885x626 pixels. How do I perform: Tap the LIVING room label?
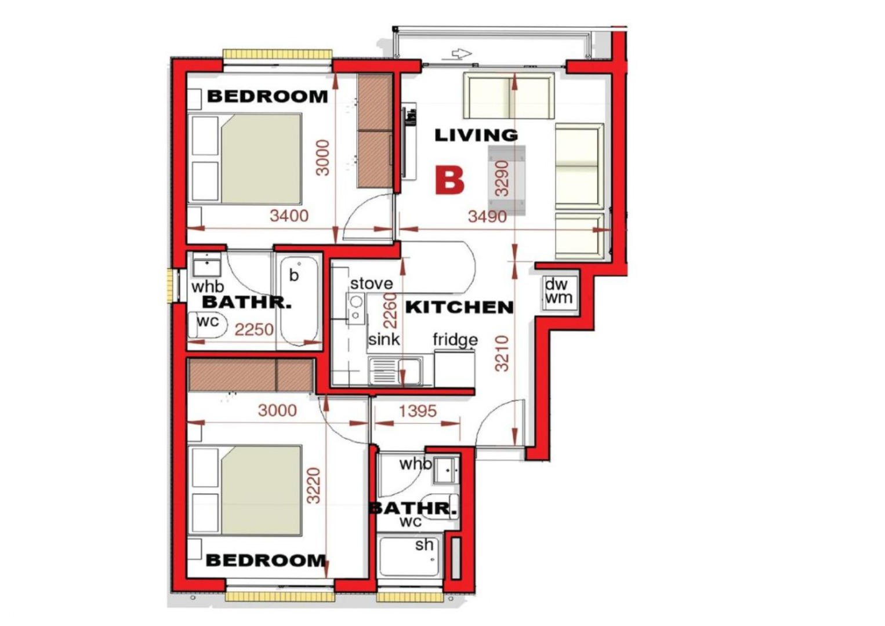(476, 136)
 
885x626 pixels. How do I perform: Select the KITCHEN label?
(459, 307)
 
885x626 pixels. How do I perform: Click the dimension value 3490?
(487, 216)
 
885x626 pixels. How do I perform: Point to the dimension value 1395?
(418, 411)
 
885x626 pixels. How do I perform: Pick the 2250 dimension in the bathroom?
(254, 329)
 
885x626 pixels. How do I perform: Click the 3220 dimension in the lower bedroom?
(314, 485)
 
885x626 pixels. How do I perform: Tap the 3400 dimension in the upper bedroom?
(289, 216)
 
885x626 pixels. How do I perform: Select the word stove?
(372, 283)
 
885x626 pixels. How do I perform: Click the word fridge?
(455, 340)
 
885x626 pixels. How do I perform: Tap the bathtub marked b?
(299, 301)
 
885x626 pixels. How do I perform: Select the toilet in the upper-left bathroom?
(208, 325)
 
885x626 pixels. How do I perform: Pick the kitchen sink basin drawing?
(395, 370)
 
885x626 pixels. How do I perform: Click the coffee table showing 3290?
(506, 180)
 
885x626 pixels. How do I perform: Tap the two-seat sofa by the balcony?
(509, 96)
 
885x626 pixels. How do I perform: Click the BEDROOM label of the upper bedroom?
(267, 96)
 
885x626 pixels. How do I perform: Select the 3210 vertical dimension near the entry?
(502, 354)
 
